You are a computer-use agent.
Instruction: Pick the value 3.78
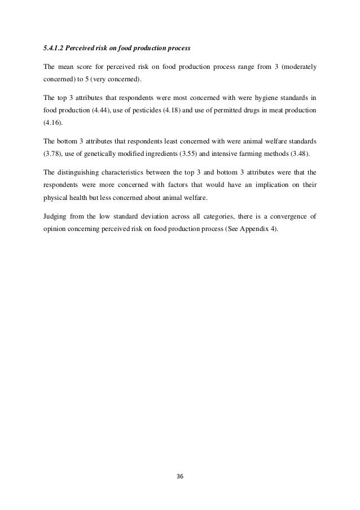(x=52, y=154)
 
